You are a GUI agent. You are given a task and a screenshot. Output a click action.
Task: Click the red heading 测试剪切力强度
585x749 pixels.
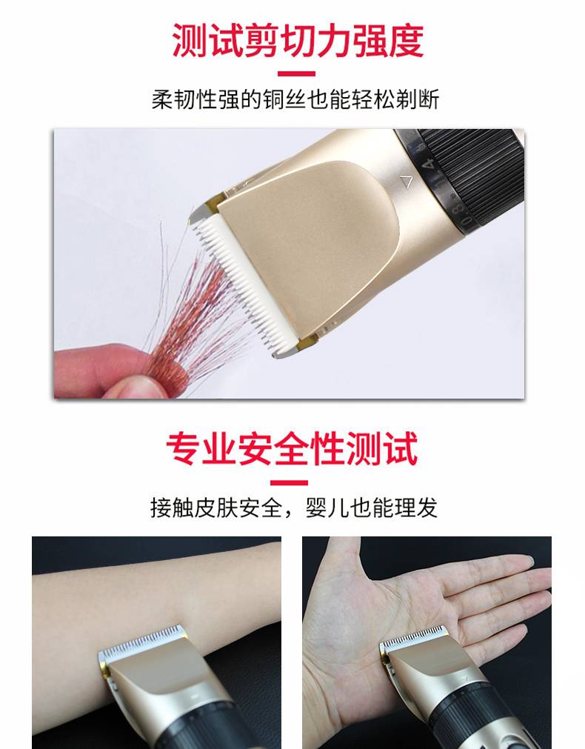[298, 40]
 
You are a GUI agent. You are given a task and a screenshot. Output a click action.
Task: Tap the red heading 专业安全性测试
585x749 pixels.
[292, 448]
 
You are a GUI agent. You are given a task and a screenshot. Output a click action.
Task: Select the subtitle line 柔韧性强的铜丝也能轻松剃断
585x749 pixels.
[295, 99]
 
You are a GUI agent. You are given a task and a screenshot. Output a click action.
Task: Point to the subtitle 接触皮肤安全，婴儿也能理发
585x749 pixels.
[294, 507]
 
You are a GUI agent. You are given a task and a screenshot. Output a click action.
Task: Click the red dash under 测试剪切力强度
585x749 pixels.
[296, 73]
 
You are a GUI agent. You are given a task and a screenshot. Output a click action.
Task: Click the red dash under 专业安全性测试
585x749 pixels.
[290, 482]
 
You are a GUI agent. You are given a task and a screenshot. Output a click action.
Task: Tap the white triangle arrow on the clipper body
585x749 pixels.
[407, 182]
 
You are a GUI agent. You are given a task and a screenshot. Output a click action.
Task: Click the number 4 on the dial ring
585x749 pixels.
[431, 164]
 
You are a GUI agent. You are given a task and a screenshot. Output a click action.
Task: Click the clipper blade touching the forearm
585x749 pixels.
[143, 639]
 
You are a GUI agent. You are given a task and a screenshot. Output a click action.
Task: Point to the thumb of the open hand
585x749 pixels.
[341, 559]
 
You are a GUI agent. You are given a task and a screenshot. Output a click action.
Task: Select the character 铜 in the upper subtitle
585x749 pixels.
[274, 99]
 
